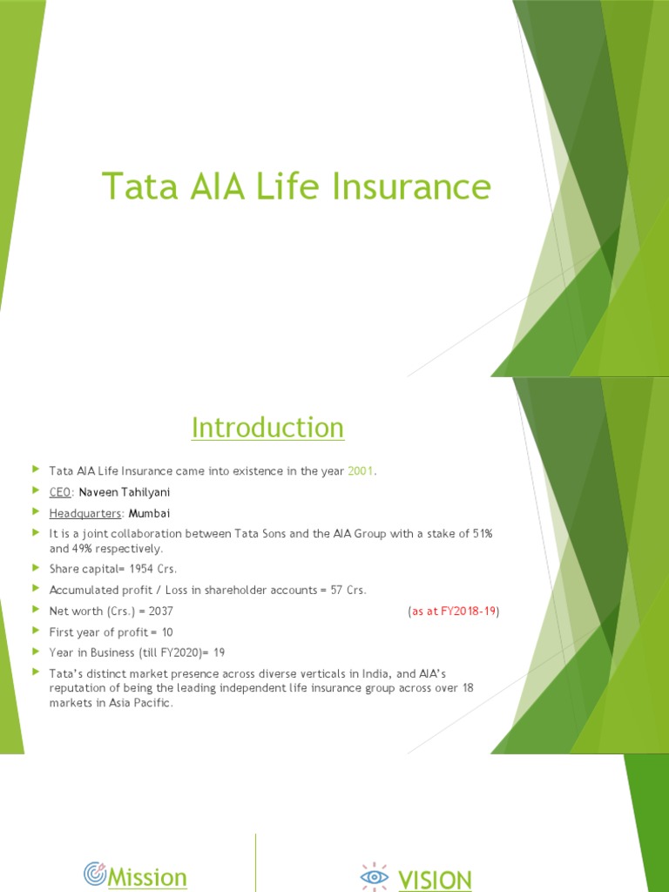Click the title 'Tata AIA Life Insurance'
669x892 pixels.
(x=296, y=187)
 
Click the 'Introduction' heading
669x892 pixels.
(x=267, y=428)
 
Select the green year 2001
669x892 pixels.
(x=361, y=471)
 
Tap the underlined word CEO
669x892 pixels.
(x=60, y=492)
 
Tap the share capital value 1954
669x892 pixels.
(x=145, y=569)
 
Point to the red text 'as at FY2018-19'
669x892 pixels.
(x=453, y=612)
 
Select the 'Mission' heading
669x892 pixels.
(x=146, y=877)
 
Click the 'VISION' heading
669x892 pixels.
(x=435, y=880)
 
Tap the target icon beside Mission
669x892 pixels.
(x=95, y=873)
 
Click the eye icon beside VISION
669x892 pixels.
(x=375, y=875)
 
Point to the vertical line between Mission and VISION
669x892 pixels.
(x=255, y=862)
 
